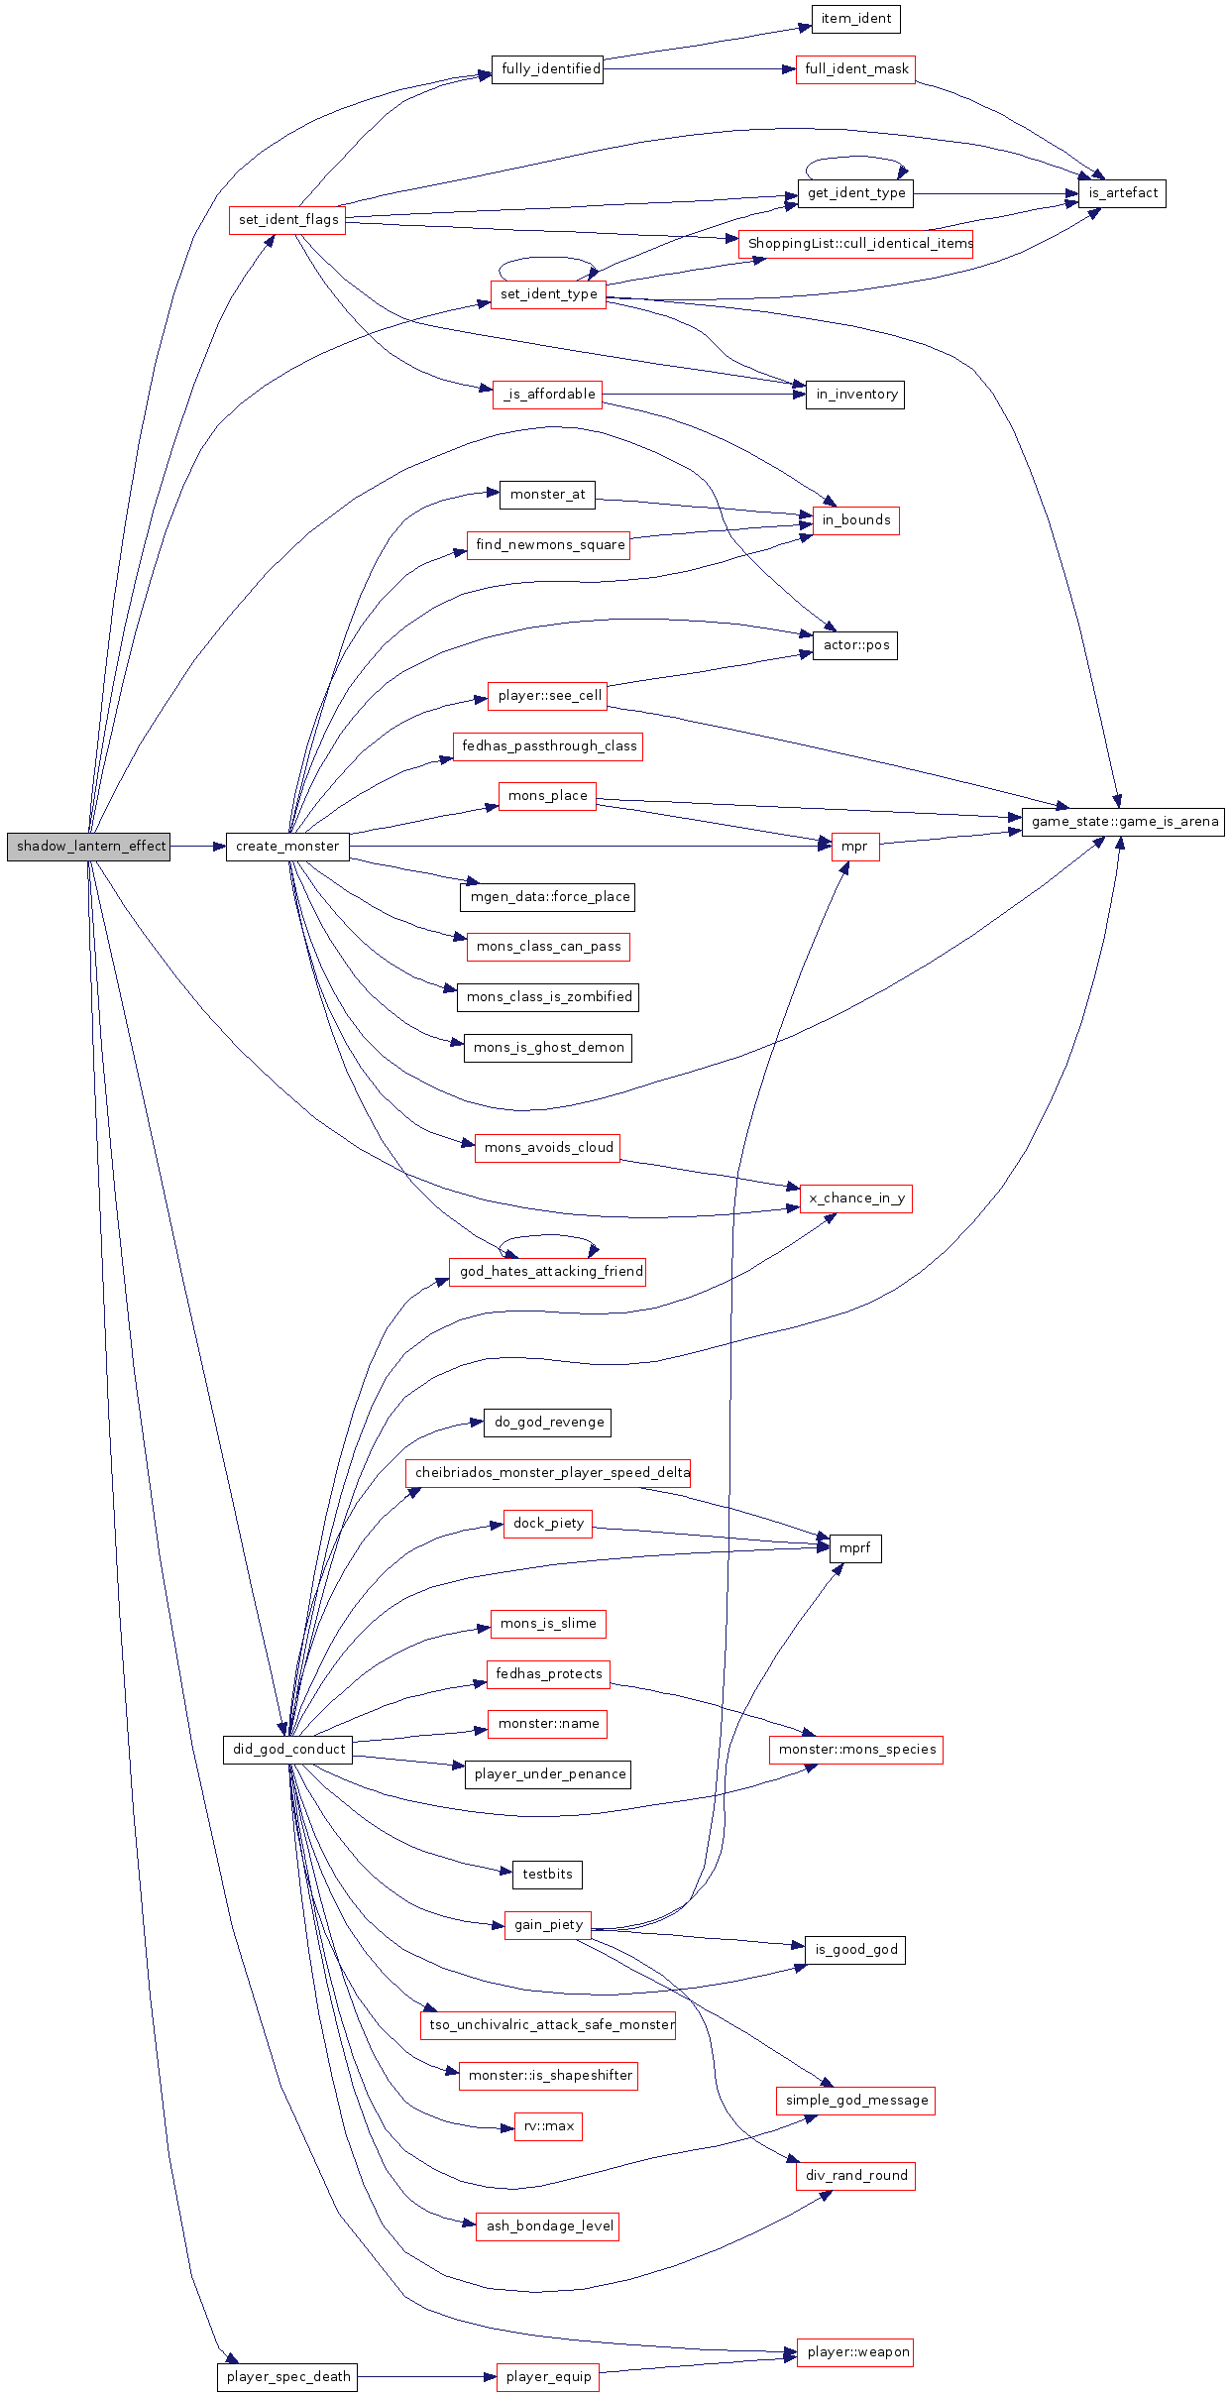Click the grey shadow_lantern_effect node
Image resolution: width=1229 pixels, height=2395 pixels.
pyautogui.click(x=89, y=847)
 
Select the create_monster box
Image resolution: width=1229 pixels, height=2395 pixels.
pyautogui.click(x=287, y=847)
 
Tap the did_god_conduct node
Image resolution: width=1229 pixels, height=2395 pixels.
pyautogui.click(x=288, y=1750)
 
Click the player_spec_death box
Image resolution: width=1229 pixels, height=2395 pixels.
pyautogui.click(x=287, y=2377)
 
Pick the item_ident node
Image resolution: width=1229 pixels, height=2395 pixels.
pyautogui.click(x=855, y=19)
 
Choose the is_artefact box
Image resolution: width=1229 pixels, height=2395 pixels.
pyautogui.click(x=1122, y=193)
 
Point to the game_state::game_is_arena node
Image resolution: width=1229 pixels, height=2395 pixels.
pyautogui.click(x=1123, y=822)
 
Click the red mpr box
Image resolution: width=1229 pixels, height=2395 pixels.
pyautogui.click(x=854, y=847)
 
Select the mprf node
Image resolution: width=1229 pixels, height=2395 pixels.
pyautogui.click(x=854, y=1548)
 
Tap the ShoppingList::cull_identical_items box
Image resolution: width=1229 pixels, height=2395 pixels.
pyautogui.click(x=856, y=244)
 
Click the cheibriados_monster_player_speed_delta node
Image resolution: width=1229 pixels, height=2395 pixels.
pyautogui.click(x=548, y=1473)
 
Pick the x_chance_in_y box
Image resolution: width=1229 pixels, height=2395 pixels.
pyautogui.click(x=855, y=1198)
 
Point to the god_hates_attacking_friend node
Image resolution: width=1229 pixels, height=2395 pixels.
pyautogui.click(x=548, y=1272)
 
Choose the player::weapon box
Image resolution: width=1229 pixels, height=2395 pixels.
pyautogui.click(x=855, y=2352)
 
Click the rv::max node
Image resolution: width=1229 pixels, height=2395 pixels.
pyautogui.click(x=548, y=2126)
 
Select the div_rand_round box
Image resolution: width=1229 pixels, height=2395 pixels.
pyautogui.click(x=855, y=2176)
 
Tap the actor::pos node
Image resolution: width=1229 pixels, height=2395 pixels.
pyautogui.click(x=855, y=645)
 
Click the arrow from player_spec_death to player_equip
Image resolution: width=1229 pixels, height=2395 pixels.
pyautogui.click(x=426, y=2377)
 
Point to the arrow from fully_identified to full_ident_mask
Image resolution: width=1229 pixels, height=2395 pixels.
pyautogui.click(x=699, y=69)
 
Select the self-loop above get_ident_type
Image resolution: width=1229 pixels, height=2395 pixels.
pyautogui.click(x=856, y=159)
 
